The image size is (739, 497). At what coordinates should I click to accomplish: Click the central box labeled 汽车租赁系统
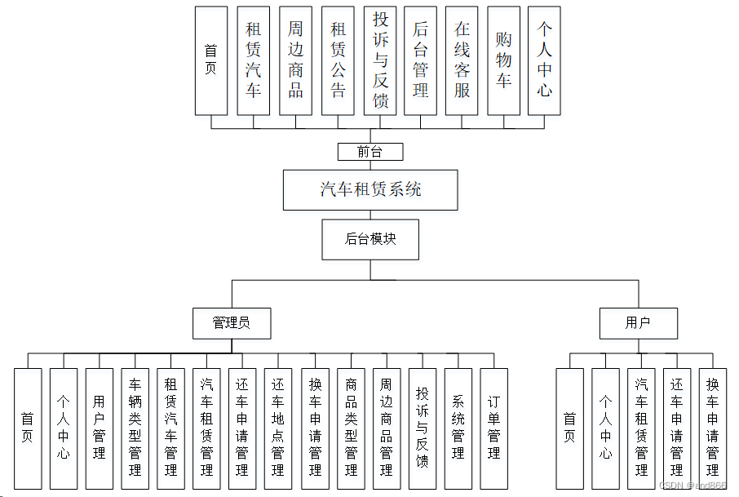pyautogui.click(x=370, y=190)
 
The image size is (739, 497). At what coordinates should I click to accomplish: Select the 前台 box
pyautogui.click(x=370, y=152)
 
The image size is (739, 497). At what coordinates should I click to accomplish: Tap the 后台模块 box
pyautogui.click(x=370, y=239)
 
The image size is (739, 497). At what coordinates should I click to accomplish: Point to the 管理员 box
pyautogui.click(x=231, y=323)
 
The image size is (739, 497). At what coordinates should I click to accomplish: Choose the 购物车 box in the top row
pyautogui.click(x=503, y=60)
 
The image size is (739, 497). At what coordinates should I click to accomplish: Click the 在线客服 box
pyautogui.click(x=462, y=60)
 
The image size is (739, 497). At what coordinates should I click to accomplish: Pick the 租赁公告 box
pyautogui.click(x=338, y=60)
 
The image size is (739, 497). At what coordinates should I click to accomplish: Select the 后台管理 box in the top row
pyautogui.click(x=420, y=60)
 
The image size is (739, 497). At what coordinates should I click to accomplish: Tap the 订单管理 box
pyautogui.click(x=493, y=428)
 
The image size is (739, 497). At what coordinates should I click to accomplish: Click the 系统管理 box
pyautogui.click(x=458, y=428)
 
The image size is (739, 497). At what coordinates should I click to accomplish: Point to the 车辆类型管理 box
pyautogui.click(x=135, y=428)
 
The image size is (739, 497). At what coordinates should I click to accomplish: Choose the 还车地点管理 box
pyautogui.click(x=278, y=428)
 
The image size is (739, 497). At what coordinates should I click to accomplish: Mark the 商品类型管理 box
pyautogui.click(x=351, y=428)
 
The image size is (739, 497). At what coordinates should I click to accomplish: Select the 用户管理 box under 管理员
pyautogui.click(x=99, y=428)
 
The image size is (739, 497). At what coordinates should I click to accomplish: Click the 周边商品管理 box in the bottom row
pyautogui.click(x=387, y=428)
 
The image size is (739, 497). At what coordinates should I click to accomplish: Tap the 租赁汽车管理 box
pyautogui.click(x=170, y=428)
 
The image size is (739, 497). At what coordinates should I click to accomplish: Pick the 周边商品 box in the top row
pyautogui.click(x=295, y=60)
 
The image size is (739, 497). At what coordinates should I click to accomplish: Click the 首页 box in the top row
pyautogui.click(x=210, y=60)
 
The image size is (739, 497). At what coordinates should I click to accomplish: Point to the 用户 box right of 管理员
pyautogui.click(x=638, y=323)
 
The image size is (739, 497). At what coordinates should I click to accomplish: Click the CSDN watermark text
pyautogui.click(x=692, y=486)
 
